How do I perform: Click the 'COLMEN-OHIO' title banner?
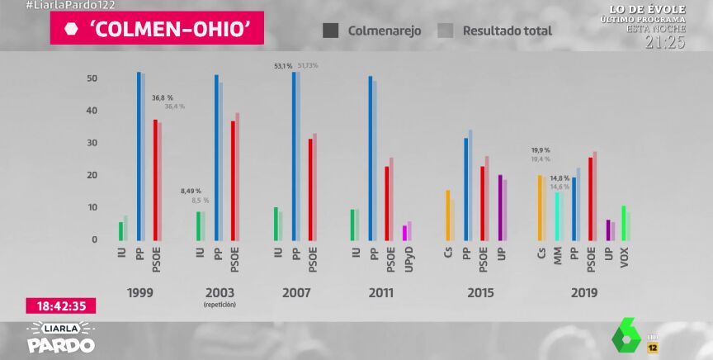(x=157, y=28)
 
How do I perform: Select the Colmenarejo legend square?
(x=330, y=31)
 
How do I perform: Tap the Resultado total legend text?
(x=507, y=31)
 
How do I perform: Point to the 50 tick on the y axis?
(x=92, y=78)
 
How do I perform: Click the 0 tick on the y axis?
(x=95, y=239)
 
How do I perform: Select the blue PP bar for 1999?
(x=139, y=157)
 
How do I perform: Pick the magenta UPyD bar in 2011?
(x=404, y=233)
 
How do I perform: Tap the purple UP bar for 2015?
(x=500, y=207)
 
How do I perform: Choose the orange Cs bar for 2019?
(x=540, y=207)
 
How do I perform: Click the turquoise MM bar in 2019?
(x=557, y=216)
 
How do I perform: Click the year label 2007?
(x=295, y=293)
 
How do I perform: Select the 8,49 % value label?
(x=191, y=191)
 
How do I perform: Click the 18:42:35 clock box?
(x=62, y=306)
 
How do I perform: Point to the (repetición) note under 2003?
(x=219, y=306)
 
